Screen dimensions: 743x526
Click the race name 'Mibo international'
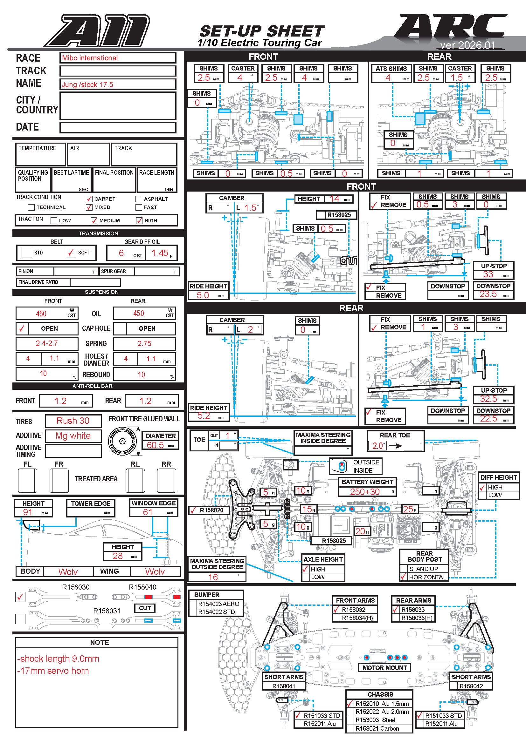coord(90,58)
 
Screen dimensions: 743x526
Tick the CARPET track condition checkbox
coord(89,199)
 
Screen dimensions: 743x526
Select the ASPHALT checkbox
coord(139,199)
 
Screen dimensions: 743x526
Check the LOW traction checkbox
coord(54,220)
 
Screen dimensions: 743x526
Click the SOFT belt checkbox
coord(71,253)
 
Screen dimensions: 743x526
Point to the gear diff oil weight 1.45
coord(160,253)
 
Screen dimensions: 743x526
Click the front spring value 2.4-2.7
coord(47,343)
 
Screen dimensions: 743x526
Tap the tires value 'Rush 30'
coord(73,420)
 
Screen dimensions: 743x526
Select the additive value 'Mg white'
coord(73,436)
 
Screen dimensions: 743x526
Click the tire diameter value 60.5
coord(155,445)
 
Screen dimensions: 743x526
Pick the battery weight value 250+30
coord(364,491)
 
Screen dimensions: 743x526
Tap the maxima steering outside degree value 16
coord(213,577)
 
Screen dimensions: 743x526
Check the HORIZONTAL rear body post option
coord(404,577)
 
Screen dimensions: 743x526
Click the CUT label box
coord(145,608)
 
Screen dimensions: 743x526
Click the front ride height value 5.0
coord(203,295)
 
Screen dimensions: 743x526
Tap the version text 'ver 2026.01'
coord(467,45)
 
